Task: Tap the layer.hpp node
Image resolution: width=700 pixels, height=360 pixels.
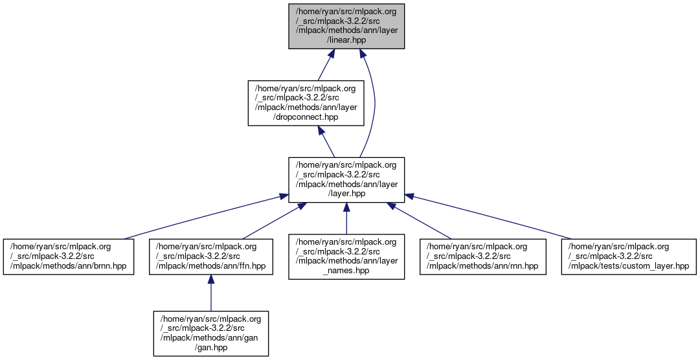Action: click(346, 179)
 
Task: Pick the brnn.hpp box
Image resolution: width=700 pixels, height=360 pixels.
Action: click(68, 256)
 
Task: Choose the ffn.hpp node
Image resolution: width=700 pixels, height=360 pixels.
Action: click(210, 256)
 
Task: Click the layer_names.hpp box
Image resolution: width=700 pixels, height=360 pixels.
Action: click(346, 256)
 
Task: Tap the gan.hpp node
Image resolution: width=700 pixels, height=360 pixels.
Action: click(210, 333)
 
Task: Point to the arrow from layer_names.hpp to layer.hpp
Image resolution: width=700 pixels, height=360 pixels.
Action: click(346, 220)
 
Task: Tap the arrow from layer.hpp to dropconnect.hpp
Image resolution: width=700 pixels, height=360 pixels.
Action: click(326, 141)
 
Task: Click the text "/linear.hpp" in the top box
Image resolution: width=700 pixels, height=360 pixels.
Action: click(346, 39)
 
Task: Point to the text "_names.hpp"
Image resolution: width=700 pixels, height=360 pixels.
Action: click(346, 271)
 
